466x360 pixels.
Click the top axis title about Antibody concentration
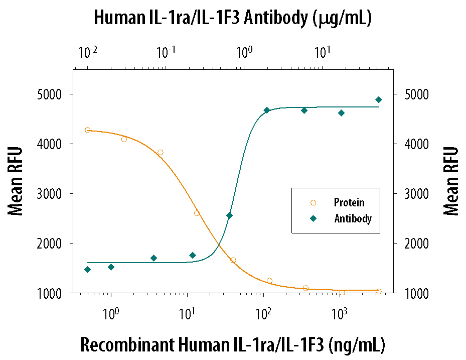tap(233, 18)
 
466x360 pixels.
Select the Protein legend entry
tap(349, 203)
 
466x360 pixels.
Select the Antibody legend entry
tap(353, 218)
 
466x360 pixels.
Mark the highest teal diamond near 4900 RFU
tap(379, 99)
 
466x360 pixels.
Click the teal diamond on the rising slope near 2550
tap(229, 215)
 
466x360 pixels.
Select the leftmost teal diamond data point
tap(87, 270)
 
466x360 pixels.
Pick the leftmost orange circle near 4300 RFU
tap(88, 130)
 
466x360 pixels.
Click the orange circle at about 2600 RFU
tap(197, 213)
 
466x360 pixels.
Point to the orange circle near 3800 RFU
tap(161, 152)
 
